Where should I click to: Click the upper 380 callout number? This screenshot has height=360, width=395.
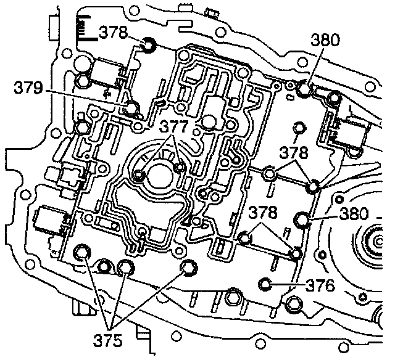[x=325, y=41]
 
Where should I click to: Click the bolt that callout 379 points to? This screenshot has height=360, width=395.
[x=130, y=109]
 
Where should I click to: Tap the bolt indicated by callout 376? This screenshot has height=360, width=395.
[x=266, y=284]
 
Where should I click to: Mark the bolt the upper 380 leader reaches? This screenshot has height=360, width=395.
[x=303, y=90]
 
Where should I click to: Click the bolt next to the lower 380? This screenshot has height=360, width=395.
[x=303, y=219]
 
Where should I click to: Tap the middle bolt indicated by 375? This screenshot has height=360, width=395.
[x=126, y=267]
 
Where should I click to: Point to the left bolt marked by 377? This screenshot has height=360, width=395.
[x=140, y=177]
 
